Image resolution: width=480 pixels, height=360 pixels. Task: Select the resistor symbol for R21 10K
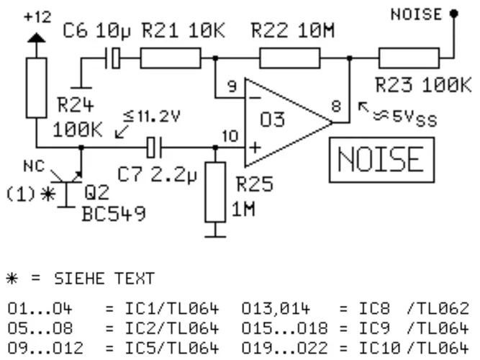click(x=170, y=58)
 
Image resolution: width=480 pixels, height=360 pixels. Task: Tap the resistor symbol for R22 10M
click(x=289, y=58)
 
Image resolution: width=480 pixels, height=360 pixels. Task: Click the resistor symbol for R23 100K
click(x=408, y=58)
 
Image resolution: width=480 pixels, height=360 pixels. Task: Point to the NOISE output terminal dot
click(x=453, y=13)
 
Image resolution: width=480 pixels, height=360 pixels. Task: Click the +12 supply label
click(x=34, y=16)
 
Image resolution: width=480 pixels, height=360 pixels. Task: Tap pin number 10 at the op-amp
click(x=230, y=135)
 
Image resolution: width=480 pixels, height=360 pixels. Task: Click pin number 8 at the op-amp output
click(x=337, y=105)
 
